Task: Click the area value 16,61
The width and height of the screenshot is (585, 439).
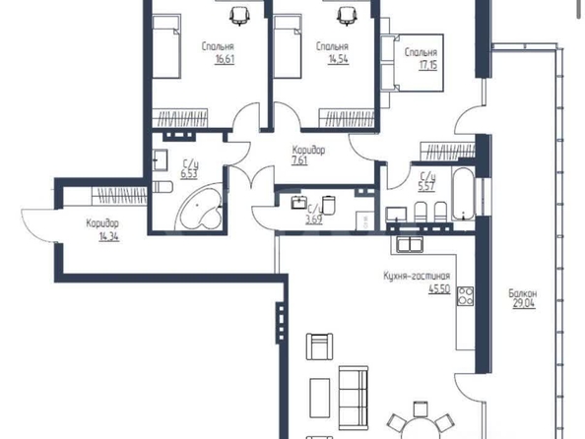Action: [x=225, y=59]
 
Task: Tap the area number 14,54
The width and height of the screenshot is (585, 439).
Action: [x=339, y=59]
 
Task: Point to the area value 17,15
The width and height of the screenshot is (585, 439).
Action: [x=428, y=65]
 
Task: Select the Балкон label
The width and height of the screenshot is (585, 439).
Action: [x=523, y=293]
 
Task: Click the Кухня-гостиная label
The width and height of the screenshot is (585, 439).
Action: [x=417, y=276]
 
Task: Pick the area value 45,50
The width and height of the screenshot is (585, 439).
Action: [x=439, y=288]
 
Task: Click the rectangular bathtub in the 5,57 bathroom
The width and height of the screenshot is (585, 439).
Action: [x=463, y=194]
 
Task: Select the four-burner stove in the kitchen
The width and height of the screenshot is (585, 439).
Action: [x=465, y=295]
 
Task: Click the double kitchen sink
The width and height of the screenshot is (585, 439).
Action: [x=410, y=244]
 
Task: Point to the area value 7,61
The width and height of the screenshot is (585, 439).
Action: [x=299, y=160]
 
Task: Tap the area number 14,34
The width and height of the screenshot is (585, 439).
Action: [x=109, y=236]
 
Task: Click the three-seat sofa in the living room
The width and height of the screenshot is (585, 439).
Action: [x=353, y=398]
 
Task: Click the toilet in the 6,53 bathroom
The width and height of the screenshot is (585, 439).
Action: [x=162, y=186]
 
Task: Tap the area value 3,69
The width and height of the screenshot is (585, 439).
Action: [x=314, y=219]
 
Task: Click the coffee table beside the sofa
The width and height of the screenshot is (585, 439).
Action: [x=320, y=398]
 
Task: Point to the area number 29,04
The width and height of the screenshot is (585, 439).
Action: [x=523, y=303]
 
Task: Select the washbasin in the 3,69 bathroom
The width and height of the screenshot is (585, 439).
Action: [x=298, y=203]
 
